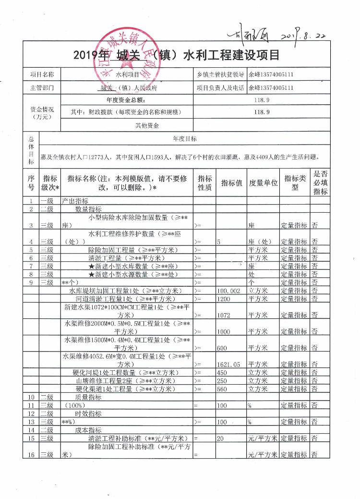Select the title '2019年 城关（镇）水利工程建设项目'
(177, 55)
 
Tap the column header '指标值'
(231, 183)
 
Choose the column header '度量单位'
(263, 183)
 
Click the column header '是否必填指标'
(320, 183)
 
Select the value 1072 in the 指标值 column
(224, 315)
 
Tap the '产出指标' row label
(74, 201)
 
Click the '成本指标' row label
(88, 430)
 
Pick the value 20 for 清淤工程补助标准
(221, 438)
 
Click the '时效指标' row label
(88, 414)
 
